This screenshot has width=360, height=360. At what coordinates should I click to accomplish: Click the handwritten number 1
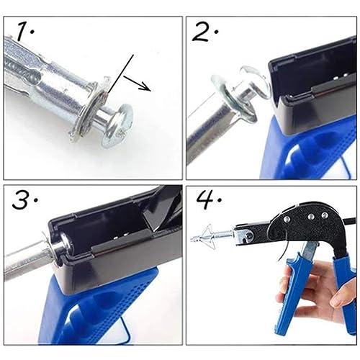(x=24, y=31)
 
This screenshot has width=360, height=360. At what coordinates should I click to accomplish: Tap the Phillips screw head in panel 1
(x=117, y=125)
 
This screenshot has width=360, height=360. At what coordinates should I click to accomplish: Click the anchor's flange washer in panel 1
(x=87, y=110)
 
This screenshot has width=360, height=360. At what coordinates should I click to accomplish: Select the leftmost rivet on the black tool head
(x=286, y=219)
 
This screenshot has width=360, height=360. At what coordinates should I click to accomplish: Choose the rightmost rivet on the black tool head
(x=325, y=215)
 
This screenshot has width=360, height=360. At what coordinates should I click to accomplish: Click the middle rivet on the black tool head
(x=311, y=217)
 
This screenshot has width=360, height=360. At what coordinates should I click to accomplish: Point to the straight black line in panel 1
(x=120, y=74)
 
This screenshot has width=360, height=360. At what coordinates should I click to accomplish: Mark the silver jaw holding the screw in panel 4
(x=243, y=236)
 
